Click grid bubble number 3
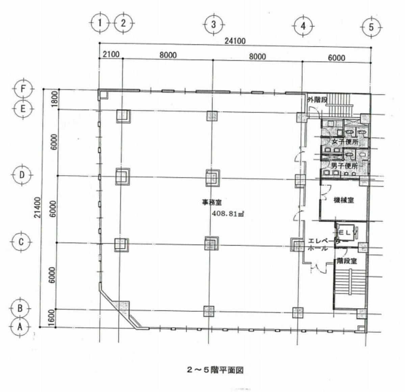tap(213, 25)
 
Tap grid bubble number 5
tap(371, 27)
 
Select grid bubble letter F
tap(23, 89)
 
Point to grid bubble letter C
tap(21, 242)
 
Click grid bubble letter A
tap(20, 327)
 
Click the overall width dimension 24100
tap(235, 41)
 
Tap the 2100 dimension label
tap(111, 54)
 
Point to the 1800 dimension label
tap(54, 99)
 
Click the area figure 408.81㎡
tap(228, 214)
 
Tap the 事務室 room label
tap(212, 202)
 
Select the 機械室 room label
tap(344, 200)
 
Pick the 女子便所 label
tap(345, 142)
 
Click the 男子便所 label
tap(344, 166)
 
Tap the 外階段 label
tap(317, 100)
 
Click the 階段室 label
tap(347, 261)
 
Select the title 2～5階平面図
tap(215, 370)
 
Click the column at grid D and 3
tap(212, 177)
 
